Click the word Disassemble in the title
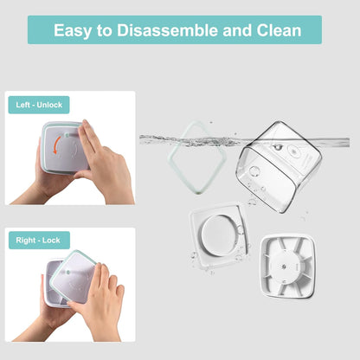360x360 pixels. tap(167, 30)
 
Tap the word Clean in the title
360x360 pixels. tap(279, 30)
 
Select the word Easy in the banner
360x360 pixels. tap(73, 30)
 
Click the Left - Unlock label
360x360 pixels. tap(39, 105)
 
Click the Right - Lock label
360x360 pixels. tap(39, 241)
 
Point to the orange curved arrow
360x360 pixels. tap(57, 145)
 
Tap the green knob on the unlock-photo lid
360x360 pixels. tap(67, 134)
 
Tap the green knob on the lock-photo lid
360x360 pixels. tap(68, 272)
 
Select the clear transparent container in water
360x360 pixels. tap(279, 167)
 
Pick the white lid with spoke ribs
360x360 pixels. tap(286, 267)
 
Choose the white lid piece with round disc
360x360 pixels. tap(218, 235)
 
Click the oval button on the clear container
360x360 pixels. tap(293, 151)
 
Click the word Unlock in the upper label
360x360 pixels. tap(49, 105)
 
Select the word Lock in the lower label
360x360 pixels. tap(51, 241)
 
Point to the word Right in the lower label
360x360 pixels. tap(26, 241)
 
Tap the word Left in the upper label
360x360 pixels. tap(22, 105)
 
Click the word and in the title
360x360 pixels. tap(237, 30)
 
